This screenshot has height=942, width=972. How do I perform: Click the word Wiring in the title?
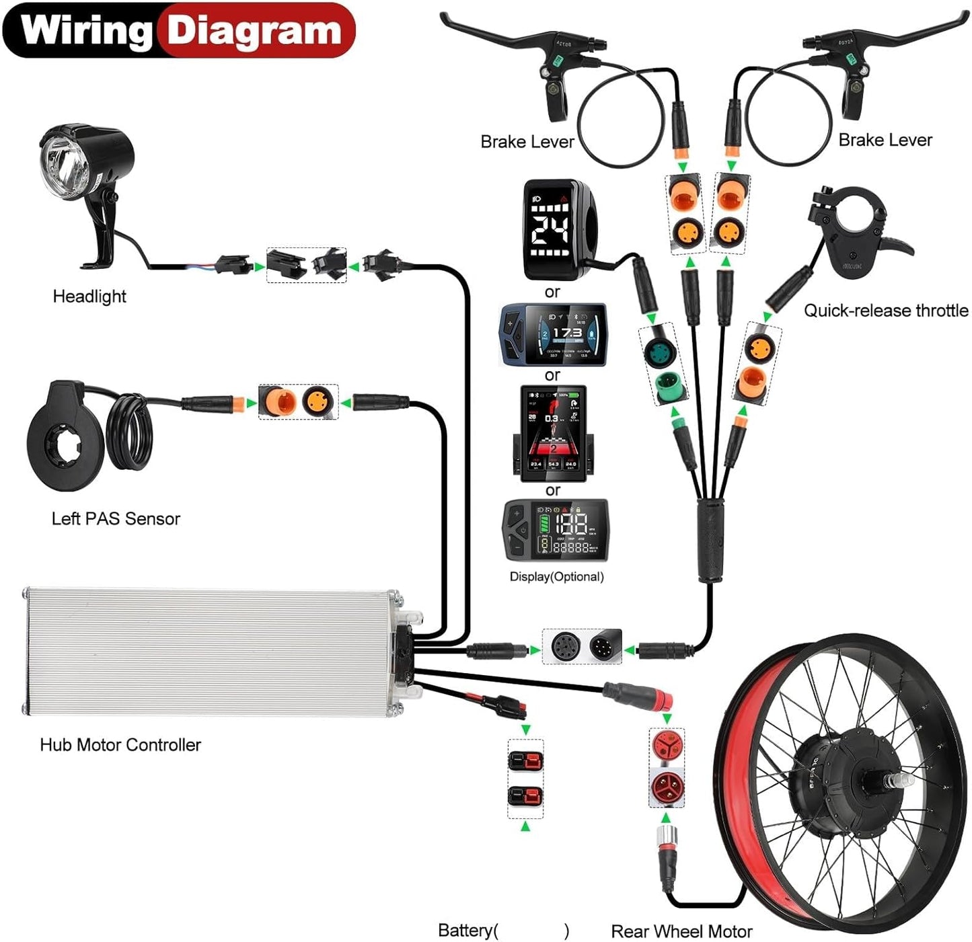(x=86, y=31)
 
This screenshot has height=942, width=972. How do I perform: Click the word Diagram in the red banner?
(x=254, y=31)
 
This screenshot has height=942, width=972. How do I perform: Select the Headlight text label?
(x=89, y=297)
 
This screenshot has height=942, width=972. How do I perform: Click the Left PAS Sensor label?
(x=116, y=518)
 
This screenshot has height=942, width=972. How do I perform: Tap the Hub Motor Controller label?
(x=120, y=745)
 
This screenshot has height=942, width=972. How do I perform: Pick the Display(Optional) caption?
(x=556, y=577)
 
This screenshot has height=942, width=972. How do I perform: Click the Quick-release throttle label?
(x=885, y=311)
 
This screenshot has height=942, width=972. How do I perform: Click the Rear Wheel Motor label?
(x=681, y=931)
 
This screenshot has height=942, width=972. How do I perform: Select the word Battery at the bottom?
(x=465, y=931)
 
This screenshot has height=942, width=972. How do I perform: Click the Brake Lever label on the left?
(x=527, y=142)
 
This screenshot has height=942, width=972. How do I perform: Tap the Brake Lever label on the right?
(x=885, y=140)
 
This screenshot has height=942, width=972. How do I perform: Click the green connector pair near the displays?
(x=663, y=366)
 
